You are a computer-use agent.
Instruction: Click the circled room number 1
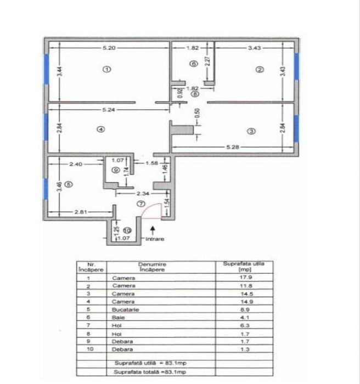[x=106, y=69]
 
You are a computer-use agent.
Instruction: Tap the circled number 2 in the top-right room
[x=260, y=69]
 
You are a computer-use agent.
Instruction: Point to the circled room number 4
[x=100, y=129]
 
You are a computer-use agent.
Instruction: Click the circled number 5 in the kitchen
[x=67, y=184]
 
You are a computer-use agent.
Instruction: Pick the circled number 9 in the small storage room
[x=115, y=171]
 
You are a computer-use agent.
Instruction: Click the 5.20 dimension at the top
[x=109, y=48]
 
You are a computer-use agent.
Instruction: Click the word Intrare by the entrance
[x=155, y=239]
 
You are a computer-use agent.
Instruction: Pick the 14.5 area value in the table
[x=240, y=293]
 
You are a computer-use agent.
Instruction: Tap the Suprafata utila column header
[x=240, y=266]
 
